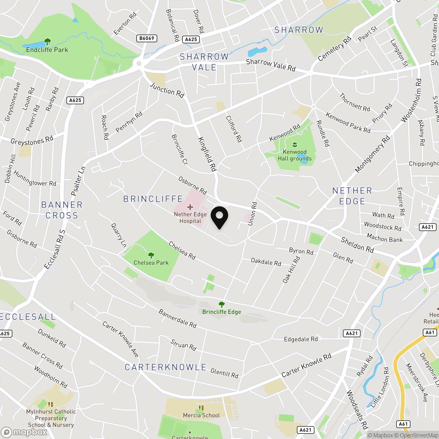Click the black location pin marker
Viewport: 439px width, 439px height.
[219, 216]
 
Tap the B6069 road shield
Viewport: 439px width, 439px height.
[147, 38]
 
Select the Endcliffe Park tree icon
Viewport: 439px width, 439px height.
[47, 42]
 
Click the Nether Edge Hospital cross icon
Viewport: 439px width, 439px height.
[190, 207]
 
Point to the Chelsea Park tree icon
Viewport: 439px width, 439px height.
[151, 255]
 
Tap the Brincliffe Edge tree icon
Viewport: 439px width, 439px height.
[221, 304]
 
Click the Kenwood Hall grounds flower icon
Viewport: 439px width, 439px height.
[295, 144]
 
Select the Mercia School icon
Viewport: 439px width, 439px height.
[201, 408]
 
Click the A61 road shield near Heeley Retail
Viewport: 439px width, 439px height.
[430, 333]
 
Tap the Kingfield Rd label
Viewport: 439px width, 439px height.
[207, 154]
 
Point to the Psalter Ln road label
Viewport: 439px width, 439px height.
[78, 181]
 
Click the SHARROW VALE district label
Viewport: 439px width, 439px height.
[204, 62]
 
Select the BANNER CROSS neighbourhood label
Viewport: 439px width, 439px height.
[62, 210]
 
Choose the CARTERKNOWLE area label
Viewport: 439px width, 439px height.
[165, 367]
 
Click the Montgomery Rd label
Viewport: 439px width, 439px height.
[372, 154]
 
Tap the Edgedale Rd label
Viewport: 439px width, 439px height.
[301, 339]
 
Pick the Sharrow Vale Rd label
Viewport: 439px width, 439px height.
[271, 65]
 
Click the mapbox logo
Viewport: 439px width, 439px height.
[25, 432]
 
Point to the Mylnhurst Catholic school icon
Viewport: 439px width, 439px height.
[51, 404]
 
